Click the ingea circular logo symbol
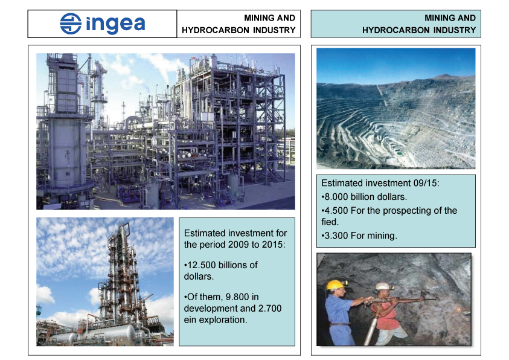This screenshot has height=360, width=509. point(71,24)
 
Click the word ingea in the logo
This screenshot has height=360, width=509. point(115,24)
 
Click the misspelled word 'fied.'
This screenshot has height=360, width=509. point(330,222)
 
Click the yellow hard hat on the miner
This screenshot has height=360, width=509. point(336,284)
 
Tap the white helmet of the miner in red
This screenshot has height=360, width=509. point(384,286)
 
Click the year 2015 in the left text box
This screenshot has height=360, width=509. point(274,244)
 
